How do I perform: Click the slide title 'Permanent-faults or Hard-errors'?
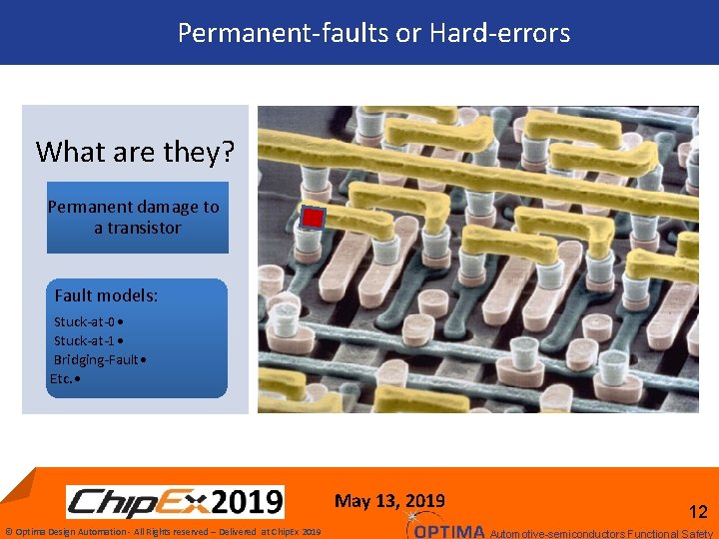[x=373, y=33]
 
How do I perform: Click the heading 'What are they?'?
[x=135, y=152]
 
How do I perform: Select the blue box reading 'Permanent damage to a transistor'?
[x=137, y=218]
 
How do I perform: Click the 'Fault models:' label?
[x=106, y=295]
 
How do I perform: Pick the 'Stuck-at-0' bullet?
[x=88, y=322]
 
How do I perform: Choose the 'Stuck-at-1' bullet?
[x=88, y=340]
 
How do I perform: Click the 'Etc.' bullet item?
[x=66, y=378]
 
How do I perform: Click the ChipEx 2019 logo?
[x=175, y=501]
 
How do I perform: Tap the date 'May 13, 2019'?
[x=389, y=501]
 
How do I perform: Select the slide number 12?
[x=698, y=512]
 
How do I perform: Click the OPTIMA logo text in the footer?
[x=448, y=531]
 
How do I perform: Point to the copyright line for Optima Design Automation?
[x=163, y=532]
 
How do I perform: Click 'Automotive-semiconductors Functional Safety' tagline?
[x=602, y=533]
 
